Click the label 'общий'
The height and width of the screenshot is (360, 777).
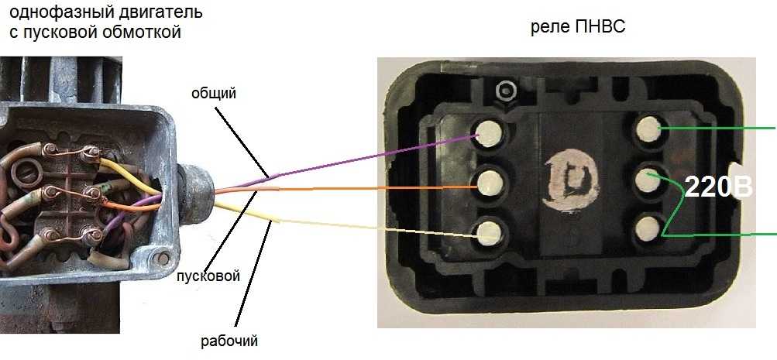[x=214, y=94]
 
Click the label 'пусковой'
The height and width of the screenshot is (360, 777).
[x=208, y=276]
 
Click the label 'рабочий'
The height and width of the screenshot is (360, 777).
[x=229, y=340]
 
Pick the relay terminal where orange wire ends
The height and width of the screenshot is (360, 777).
[x=490, y=184]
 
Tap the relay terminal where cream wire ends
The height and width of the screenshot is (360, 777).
[x=490, y=231]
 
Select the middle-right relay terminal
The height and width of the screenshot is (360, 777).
[x=648, y=180]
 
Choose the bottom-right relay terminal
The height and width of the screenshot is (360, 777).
[x=648, y=228]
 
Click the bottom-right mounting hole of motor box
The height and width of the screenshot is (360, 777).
[x=163, y=256]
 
